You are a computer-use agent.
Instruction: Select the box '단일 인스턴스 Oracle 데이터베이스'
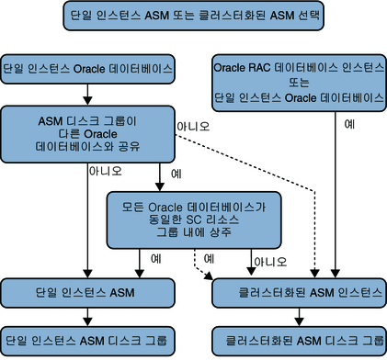point(86,69)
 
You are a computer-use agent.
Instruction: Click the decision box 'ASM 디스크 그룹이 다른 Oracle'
point(86,134)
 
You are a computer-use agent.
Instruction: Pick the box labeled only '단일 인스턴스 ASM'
point(86,293)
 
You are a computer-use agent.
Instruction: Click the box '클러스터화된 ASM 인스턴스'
point(298,293)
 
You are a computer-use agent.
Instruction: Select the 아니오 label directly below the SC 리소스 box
point(266,261)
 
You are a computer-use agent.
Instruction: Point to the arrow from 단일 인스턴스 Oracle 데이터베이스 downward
point(86,94)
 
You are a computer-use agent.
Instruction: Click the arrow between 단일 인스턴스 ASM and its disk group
point(86,315)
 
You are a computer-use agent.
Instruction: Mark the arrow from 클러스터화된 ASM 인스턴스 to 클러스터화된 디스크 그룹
point(298,315)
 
